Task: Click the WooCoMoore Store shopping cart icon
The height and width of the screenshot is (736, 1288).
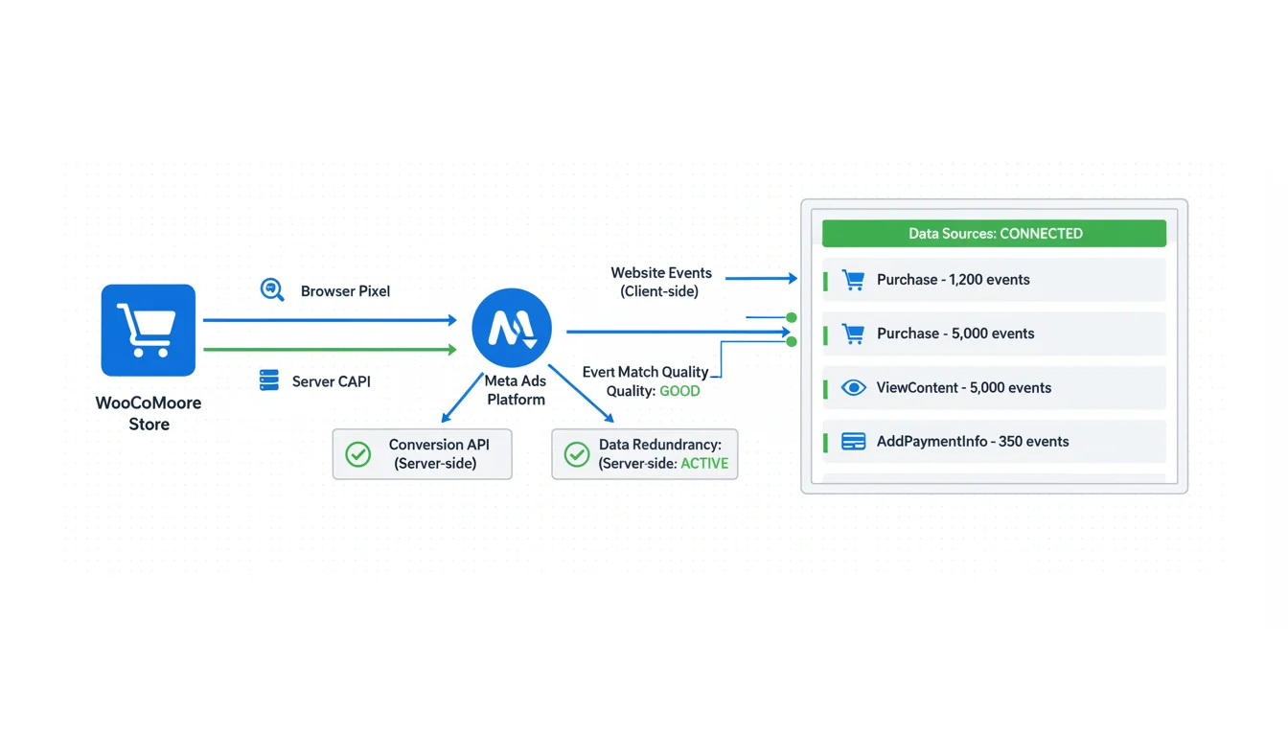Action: tap(148, 330)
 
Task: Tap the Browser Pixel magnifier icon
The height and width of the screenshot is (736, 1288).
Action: tap(272, 289)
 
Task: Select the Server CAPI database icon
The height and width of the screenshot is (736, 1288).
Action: tap(269, 380)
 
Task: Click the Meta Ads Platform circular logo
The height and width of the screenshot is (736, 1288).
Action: tap(512, 328)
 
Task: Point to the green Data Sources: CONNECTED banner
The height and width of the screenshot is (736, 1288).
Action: tap(994, 233)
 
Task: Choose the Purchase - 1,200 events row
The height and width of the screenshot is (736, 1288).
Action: tap(994, 280)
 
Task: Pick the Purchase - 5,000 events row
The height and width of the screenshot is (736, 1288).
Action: tap(994, 333)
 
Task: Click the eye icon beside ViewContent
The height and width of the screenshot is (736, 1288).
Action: tap(853, 387)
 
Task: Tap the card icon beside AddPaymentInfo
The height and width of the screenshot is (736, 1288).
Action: tap(853, 442)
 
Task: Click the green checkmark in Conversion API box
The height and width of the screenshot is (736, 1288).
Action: tap(358, 454)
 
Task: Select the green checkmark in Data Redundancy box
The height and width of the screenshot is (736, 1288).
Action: tap(577, 454)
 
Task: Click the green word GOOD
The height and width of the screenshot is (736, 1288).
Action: tap(679, 391)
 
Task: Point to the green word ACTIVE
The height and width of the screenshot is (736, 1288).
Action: tap(704, 463)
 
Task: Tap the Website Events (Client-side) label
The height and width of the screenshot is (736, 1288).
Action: tap(660, 282)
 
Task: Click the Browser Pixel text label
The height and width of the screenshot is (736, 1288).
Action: tap(345, 291)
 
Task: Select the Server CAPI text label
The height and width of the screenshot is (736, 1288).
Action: tap(331, 381)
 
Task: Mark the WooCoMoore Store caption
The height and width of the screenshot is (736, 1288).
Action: tap(149, 413)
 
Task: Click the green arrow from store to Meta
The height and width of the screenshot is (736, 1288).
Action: tap(330, 350)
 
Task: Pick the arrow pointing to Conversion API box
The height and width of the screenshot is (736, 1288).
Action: tap(461, 398)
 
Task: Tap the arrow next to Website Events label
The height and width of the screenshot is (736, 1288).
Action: tap(761, 279)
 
